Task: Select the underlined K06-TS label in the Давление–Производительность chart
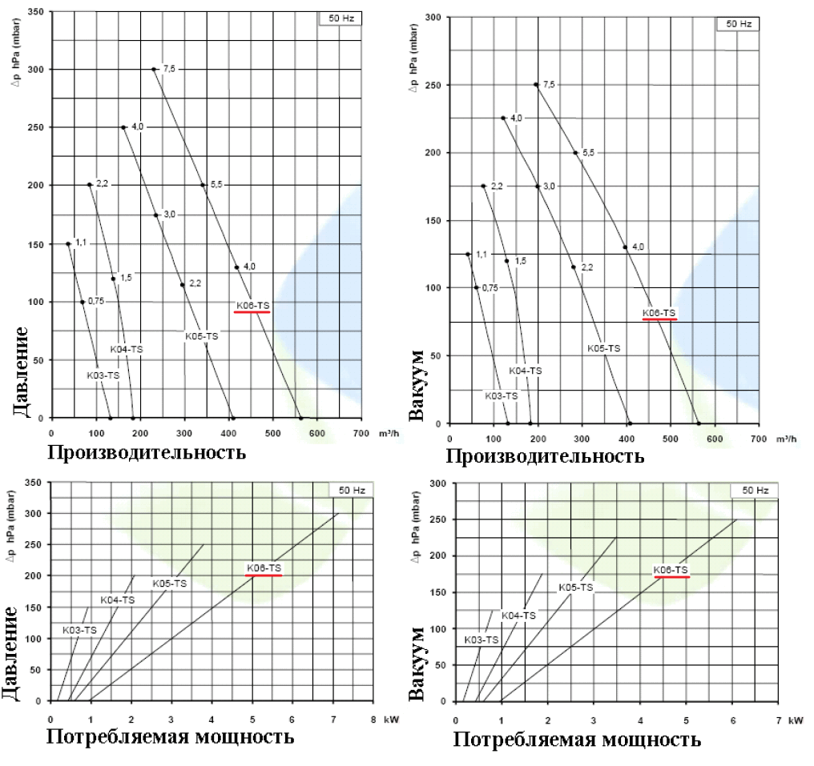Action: click(x=252, y=306)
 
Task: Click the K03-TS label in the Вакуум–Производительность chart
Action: click(x=501, y=396)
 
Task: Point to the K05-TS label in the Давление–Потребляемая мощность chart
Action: click(x=170, y=584)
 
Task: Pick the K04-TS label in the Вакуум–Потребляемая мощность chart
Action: click(x=518, y=615)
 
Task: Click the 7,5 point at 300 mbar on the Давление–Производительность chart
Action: click(x=153, y=69)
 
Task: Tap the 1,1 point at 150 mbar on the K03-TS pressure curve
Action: click(x=68, y=243)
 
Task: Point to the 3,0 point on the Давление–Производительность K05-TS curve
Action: click(x=156, y=215)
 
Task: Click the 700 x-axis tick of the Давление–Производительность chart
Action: click(x=361, y=432)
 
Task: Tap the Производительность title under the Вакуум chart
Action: click(x=545, y=457)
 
